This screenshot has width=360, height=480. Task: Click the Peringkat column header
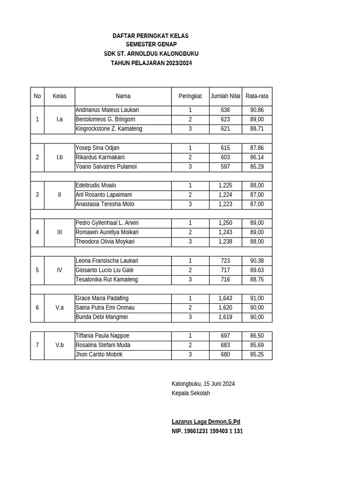coord(190,96)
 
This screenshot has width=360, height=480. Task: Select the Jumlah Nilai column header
coord(225,96)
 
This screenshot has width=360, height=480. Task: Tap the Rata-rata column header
coord(257,96)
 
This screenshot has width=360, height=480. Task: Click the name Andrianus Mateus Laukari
coord(107,110)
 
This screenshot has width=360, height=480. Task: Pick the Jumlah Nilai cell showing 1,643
coord(225,298)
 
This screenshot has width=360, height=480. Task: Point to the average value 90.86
coord(257,110)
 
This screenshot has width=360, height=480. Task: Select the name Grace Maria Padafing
coord(102,298)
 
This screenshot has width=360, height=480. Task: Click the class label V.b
coord(60,345)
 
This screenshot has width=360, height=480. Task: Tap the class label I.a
coord(60,120)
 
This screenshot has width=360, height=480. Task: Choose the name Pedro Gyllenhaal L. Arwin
coord(107,223)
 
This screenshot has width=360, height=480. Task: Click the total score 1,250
coord(225,223)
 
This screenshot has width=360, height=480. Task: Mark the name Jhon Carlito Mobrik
coord(99,354)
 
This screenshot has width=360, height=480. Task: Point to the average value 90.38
coord(257,261)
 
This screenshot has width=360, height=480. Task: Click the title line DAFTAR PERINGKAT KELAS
coord(150,36)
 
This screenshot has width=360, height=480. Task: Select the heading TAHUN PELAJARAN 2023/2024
coord(151,63)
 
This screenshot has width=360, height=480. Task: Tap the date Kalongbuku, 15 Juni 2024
coord(203,383)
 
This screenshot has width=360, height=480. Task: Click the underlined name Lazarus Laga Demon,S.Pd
coord(206,422)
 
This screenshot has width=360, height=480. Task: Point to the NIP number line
coord(207,431)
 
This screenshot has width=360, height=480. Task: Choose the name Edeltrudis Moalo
coord(96,185)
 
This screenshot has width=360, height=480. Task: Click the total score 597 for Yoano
coord(225,166)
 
